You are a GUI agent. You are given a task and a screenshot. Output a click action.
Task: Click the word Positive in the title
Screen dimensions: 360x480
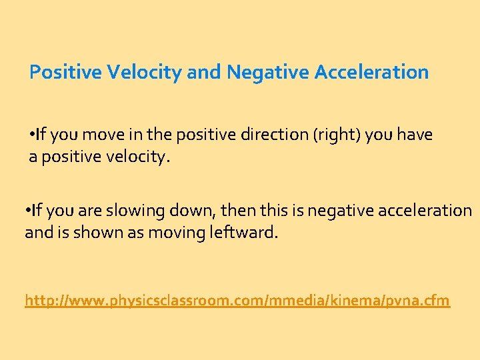click(x=62, y=72)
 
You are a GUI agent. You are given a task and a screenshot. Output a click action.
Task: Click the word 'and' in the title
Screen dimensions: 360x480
click(x=204, y=72)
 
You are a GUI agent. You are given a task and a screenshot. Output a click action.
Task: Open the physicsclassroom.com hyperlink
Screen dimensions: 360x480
click(x=237, y=301)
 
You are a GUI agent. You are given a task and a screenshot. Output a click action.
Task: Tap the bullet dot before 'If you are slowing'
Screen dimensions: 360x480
click(x=27, y=211)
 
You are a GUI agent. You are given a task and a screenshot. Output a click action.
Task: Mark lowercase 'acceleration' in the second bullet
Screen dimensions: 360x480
click(x=425, y=211)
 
